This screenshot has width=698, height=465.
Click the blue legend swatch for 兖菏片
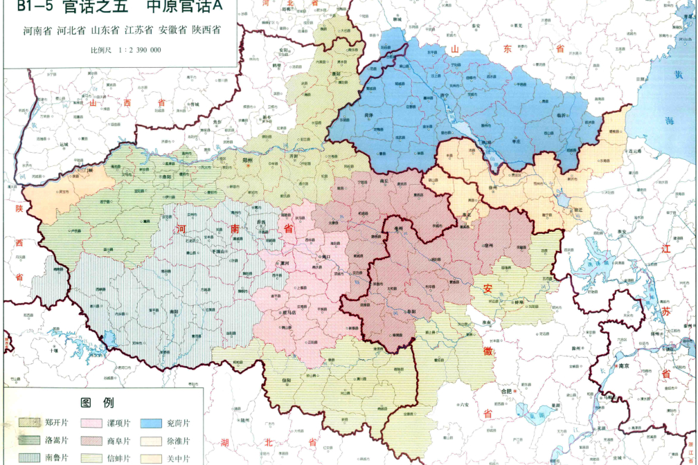[x=153, y=422]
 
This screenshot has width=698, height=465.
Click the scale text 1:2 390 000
[x=136, y=50]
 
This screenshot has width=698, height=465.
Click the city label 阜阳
[x=411, y=311]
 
